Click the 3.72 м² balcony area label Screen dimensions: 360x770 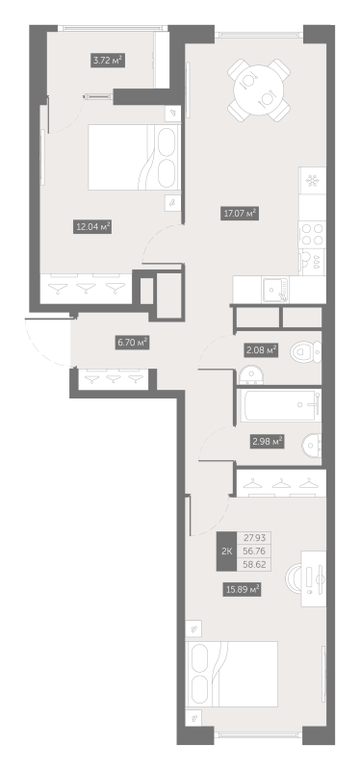(x=108, y=61)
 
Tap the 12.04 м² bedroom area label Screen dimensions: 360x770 (x=91, y=227)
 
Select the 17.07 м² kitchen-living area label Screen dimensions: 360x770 (x=240, y=214)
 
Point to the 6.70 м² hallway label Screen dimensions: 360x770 (x=133, y=343)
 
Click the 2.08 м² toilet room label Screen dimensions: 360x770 (x=261, y=350)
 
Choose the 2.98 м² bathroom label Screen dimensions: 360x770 (x=268, y=442)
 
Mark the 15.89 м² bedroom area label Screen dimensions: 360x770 (x=242, y=589)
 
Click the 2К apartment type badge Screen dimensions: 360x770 (x=226, y=551)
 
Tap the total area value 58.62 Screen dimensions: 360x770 (x=254, y=564)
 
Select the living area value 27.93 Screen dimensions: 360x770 (x=254, y=538)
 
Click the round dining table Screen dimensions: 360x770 (x=259, y=90)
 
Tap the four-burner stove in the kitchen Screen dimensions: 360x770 (x=313, y=234)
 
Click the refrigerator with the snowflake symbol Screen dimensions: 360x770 (x=313, y=180)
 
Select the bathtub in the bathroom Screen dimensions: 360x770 (x=279, y=405)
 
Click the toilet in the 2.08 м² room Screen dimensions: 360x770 (x=305, y=352)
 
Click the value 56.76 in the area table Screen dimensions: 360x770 (x=254, y=551)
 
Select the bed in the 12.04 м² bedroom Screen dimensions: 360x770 (x=134, y=157)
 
